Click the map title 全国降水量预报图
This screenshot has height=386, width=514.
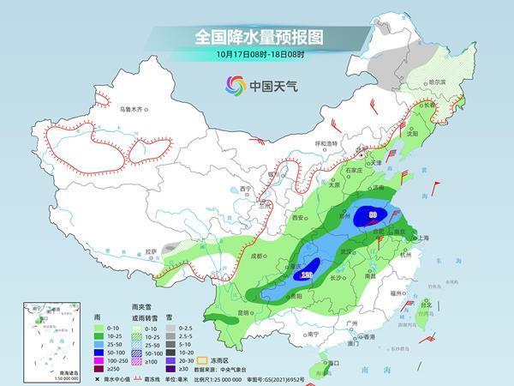pos(256,37)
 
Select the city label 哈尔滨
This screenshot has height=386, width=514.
pos(437,81)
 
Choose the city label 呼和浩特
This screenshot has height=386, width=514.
pos(326,143)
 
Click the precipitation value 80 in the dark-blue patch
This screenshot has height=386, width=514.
pos(373,214)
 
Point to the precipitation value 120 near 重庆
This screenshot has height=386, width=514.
pos(306,274)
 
